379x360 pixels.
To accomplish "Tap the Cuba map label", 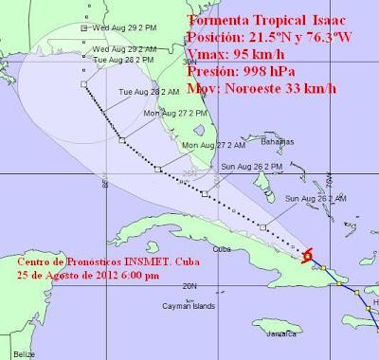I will (224, 249).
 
